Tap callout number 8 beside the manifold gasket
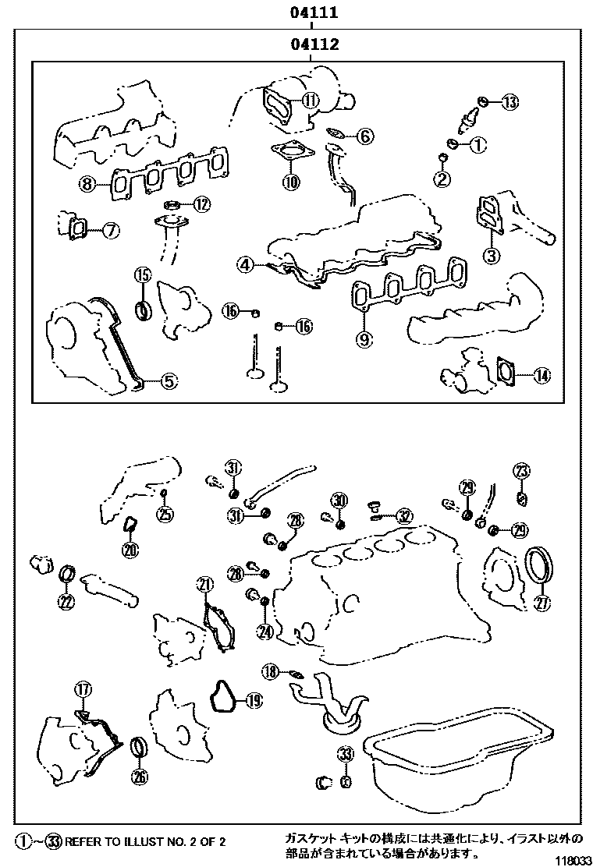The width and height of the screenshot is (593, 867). click(x=87, y=185)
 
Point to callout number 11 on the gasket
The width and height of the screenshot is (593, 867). click(x=311, y=100)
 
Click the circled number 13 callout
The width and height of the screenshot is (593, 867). click(x=510, y=101)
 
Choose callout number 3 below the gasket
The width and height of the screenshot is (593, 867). click(x=491, y=255)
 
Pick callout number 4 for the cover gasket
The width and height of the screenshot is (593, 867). click(x=246, y=265)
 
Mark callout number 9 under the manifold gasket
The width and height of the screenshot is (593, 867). click(x=365, y=338)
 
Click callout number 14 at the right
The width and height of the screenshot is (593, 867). click(x=542, y=376)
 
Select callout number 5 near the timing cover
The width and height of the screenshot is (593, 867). click(x=169, y=381)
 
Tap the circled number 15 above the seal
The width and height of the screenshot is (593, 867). click(x=142, y=274)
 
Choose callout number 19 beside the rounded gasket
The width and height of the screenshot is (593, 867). click(x=253, y=701)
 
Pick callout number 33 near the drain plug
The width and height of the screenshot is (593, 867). click(x=346, y=754)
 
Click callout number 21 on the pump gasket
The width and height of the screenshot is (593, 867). click(x=204, y=585)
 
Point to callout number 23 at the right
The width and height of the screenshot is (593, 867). click(x=521, y=470)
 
